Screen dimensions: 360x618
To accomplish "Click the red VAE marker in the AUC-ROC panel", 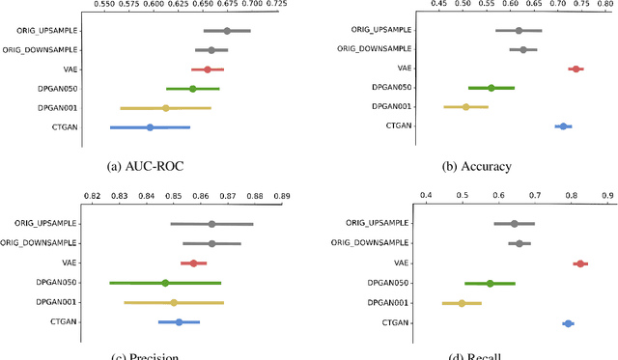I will [208, 69].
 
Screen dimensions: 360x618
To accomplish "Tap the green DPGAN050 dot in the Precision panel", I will [165, 283].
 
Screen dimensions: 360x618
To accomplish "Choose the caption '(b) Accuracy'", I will [477, 166].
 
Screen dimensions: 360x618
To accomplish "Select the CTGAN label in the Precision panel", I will [65, 321].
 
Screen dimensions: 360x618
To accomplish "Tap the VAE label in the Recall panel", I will [399, 263].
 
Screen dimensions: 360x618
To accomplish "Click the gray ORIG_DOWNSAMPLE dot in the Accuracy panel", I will [523, 49].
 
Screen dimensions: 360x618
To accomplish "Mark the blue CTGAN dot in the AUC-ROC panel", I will [150, 127].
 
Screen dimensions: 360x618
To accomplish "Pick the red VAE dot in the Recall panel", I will [580, 263].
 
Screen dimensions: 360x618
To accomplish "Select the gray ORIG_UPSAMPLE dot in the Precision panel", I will [211, 224].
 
